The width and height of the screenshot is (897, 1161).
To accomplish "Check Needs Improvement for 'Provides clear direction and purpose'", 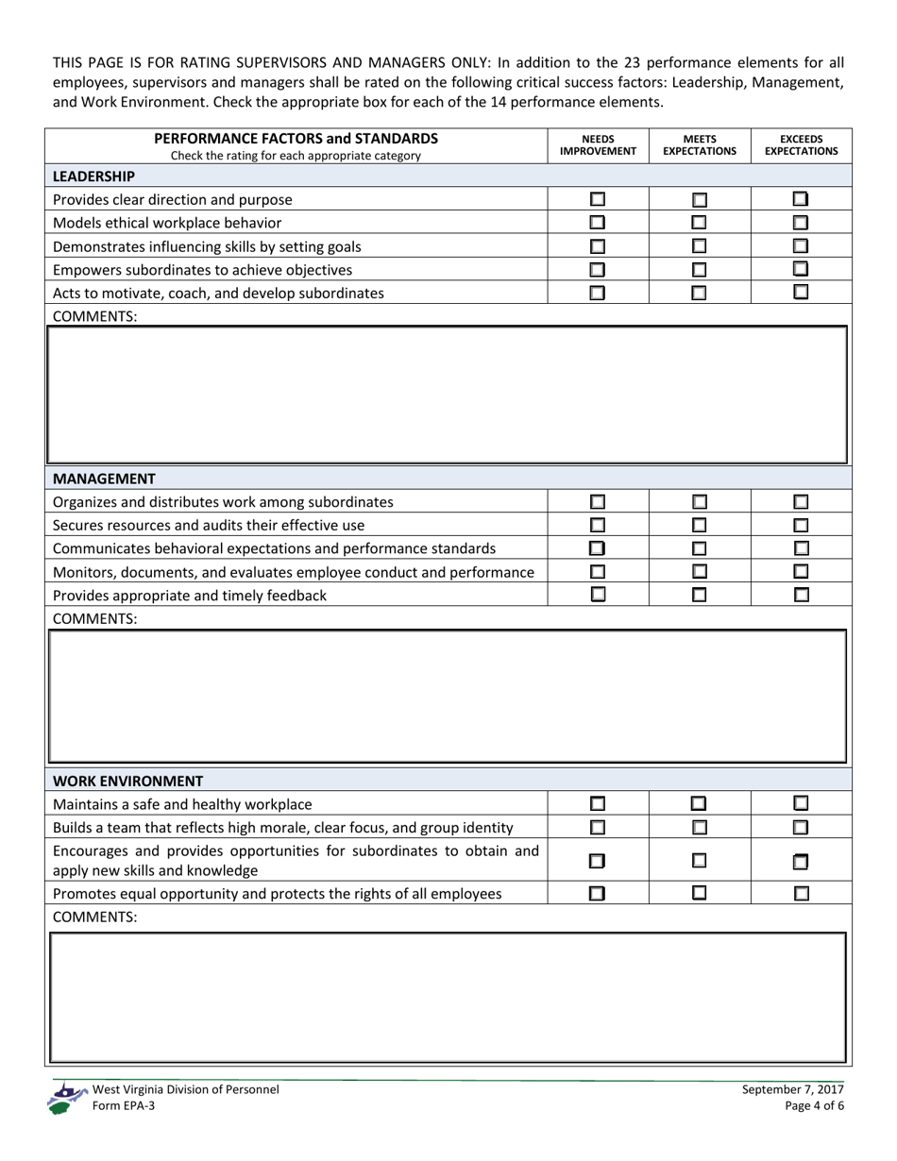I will click(x=597, y=199).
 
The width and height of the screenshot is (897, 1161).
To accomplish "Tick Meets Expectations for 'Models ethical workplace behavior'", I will click(x=699, y=223).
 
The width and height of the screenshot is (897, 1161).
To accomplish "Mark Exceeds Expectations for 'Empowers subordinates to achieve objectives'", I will click(x=801, y=269).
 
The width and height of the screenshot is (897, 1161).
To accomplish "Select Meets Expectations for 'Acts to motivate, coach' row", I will click(x=699, y=293).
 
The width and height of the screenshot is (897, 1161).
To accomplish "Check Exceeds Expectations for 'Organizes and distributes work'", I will click(x=801, y=502).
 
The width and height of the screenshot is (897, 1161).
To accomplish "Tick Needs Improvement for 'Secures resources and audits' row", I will click(x=597, y=525).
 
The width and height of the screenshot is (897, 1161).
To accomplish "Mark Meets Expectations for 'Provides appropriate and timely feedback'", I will click(x=699, y=595).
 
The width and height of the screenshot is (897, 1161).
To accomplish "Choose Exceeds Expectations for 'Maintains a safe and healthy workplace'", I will click(x=801, y=804).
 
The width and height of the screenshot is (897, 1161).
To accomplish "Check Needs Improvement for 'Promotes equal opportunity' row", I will click(x=597, y=893).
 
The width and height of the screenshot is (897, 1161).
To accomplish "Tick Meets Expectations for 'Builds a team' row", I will click(x=699, y=828).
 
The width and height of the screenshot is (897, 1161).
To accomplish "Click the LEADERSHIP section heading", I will click(x=93, y=176).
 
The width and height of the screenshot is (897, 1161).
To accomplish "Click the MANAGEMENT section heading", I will click(x=104, y=479).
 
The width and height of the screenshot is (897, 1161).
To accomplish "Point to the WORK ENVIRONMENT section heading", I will click(x=127, y=781).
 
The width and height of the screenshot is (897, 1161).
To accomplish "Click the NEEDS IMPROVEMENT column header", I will click(x=598, y=144).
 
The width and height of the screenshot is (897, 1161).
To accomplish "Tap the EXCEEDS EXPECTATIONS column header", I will click(x=801, y=144).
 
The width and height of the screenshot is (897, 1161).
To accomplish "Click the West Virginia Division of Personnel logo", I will click(x=66, y=1098).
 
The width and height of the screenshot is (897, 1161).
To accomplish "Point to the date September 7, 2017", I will click(x=792, y=1089).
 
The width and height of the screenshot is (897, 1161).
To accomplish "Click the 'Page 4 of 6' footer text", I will click(x=814, y=1106).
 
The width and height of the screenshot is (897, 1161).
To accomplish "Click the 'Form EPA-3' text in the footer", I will click(x=123, y=1106).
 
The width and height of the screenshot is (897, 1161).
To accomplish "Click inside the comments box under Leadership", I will click(x=448, y=395).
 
